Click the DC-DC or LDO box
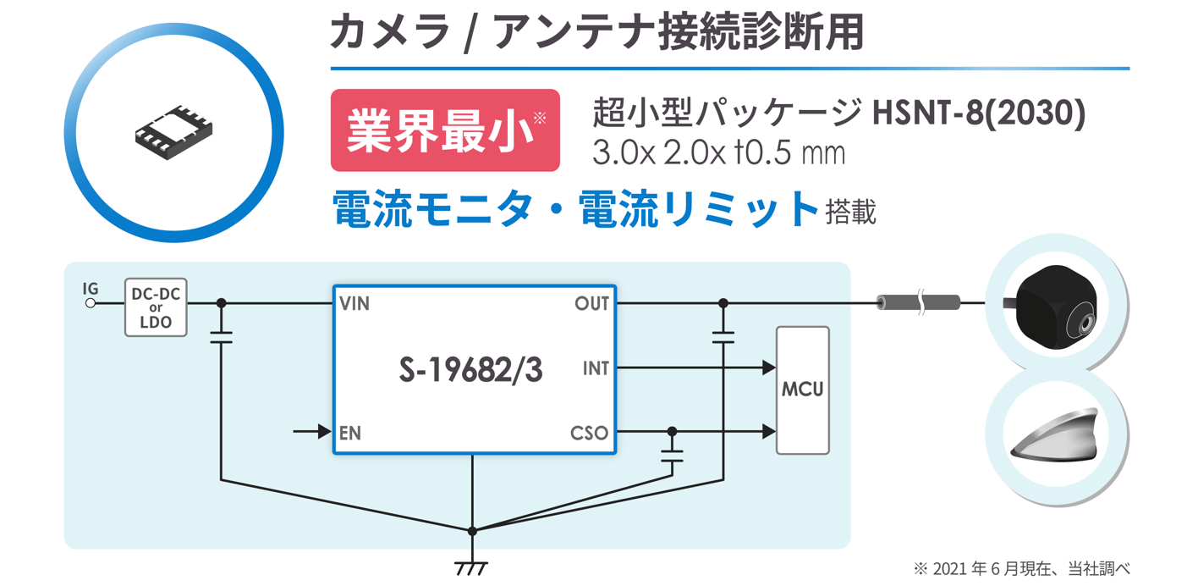(x=156, y=307)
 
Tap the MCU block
(x=802, y=390)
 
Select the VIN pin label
(x=354, y=303)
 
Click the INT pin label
(x=596, y=368)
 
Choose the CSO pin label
(x=589, y=433)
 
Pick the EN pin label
(x=349, y=433)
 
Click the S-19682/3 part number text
(x=470, y=370)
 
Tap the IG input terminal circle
(x=91, y=303)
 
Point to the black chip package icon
(x=173, y=131)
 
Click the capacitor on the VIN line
(x=221, y=337)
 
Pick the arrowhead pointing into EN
(x=323, y=432)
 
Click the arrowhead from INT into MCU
(x=768, y=368)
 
